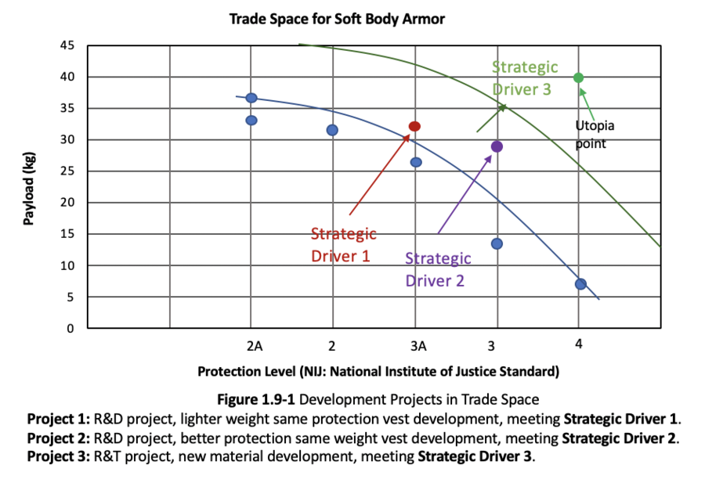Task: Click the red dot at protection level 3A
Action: (414, 126)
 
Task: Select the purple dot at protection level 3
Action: (497, 146)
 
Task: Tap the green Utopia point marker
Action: (578, 77)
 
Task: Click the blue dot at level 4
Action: (580, 284)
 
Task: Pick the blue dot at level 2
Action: (332, 130)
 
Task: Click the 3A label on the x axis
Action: (416, 345)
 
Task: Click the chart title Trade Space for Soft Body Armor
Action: (337, 19)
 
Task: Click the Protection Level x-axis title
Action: (378, 370)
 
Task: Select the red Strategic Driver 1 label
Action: (343, 244)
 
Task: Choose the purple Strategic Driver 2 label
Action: (438, 269)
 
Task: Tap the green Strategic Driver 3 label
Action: (525, 77)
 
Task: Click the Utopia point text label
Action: (595, 134)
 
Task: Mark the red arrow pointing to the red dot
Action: (379, 175)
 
